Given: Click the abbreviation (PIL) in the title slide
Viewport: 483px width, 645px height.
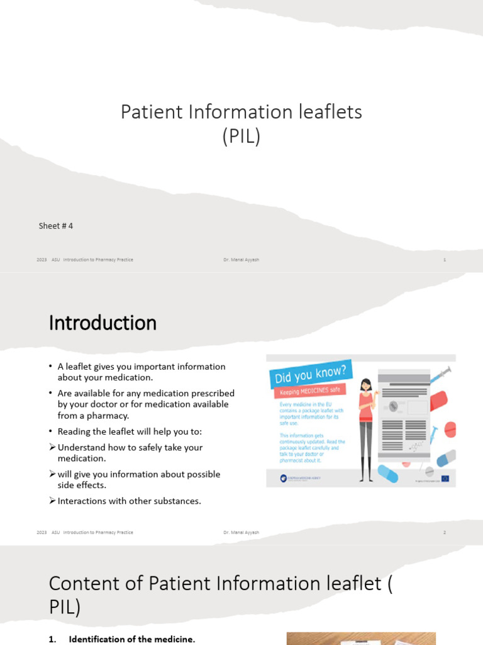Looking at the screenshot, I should tap(241, 137).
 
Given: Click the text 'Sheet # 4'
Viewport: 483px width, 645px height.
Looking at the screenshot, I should tap(56, 225).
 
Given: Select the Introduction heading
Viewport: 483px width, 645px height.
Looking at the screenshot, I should tap(103, 323).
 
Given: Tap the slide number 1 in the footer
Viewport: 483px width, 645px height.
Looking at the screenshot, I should tap(444, 260).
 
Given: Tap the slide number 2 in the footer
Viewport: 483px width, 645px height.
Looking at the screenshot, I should tap(444, 532).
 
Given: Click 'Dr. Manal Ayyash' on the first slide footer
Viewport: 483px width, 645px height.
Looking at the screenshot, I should tap(241, 260).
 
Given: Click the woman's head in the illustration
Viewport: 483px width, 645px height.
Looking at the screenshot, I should tap(366, 385).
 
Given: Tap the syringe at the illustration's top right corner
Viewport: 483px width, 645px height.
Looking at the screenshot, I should tap(440, 374).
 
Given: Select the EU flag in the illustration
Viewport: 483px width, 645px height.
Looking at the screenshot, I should tap(445, 478).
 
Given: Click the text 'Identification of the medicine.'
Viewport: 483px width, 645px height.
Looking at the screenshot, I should tap(132, 639).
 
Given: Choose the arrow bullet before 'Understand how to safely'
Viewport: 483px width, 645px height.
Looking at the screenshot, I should tap(52, 447).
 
